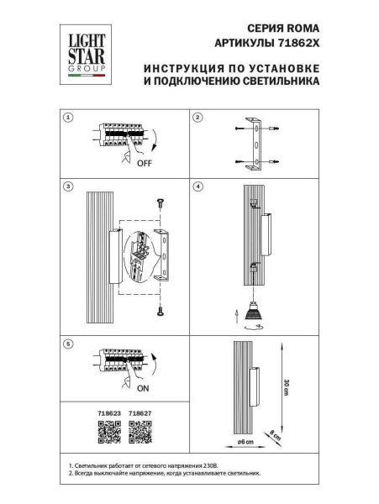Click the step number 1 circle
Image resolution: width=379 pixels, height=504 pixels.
pyautogui.click(x=70, y=118)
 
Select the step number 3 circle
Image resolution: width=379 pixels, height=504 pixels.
pyautogui.click(x=70, y=186)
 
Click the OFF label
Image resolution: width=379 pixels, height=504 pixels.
pyautogui.click(x=145, y=164)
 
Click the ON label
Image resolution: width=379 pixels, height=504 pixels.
pyautogui.click(x=144, y=389)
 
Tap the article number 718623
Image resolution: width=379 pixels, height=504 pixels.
pyautogui.click(x=110, y=414)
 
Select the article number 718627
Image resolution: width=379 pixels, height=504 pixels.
pyautogui.click(x=140, y=414)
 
